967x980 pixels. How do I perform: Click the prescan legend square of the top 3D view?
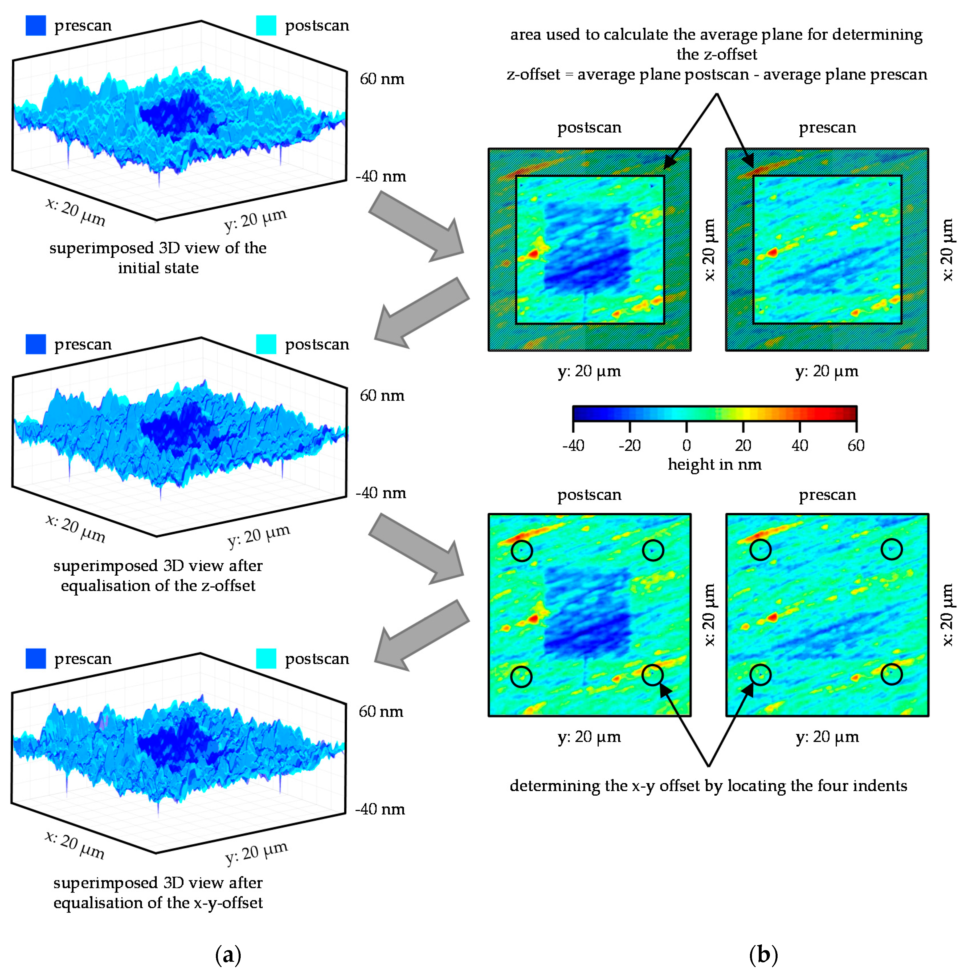pyautogui.click(x=36, y=25)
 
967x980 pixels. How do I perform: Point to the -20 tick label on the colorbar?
pyautogui.click(x=629, y=445)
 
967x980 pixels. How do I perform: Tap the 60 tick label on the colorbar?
pyautogui.click(x=856, y=445)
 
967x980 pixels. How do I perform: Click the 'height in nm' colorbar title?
pyautogui.click(x=714, y=464)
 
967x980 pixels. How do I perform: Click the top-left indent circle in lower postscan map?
pyautogui.click(x=522, y=550)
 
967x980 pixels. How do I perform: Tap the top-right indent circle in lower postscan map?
pyautogui.click(x=653, y=550)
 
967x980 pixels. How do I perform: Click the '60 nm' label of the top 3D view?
pyautogui.click(x=382, y=79)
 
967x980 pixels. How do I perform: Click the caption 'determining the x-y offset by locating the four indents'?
pyautogui.click(x=708, y=785)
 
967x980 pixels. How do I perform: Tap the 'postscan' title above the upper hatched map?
pyautogui.click(x=589, y=127)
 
